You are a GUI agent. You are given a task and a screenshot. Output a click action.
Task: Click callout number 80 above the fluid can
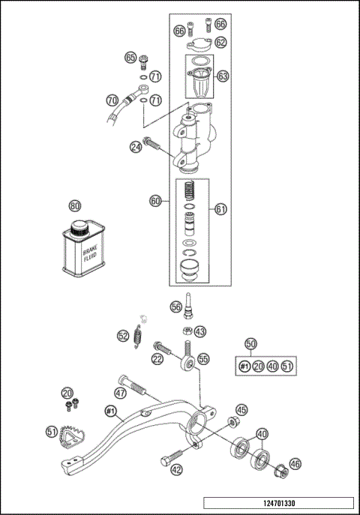click(x=74, y=205)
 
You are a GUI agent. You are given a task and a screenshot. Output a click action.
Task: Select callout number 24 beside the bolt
click(x=136, y=147)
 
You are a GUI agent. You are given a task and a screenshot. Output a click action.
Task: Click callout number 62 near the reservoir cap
click(x=220, y=43)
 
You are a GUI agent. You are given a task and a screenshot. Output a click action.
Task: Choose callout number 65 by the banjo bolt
click(x=130, y=58)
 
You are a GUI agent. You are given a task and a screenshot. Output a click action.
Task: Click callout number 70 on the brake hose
click(x=112, y=99)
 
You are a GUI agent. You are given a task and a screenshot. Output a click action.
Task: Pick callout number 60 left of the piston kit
click(x=155, y=201)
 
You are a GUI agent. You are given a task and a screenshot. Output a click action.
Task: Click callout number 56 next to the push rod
click(x=175, y=306)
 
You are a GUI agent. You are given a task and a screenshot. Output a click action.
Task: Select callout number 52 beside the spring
click(x=122, y=337)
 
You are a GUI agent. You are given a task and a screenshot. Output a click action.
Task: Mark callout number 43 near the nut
click(x=199, y=331)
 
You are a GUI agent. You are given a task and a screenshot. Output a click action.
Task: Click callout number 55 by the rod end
click(x=204, y=360)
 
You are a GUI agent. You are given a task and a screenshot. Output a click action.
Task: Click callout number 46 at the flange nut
click(x=295, y=464)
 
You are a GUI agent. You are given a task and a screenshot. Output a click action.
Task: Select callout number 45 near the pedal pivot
click(x=241, y=409)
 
